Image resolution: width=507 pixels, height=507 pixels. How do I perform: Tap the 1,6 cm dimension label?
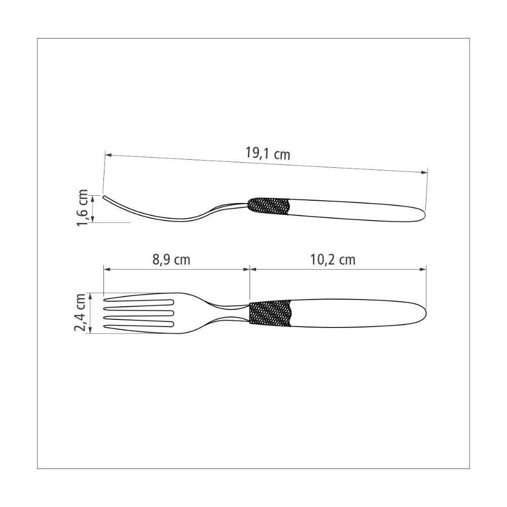(x=83, y=207)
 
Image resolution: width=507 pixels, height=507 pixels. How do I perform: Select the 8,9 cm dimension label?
(x=171, y=260)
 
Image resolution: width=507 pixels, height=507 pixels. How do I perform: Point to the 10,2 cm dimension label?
(x=333, y=260)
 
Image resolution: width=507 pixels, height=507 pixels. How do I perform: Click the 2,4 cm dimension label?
(x=80, y=313)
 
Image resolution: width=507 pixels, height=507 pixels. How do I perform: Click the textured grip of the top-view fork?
(x=270, y=313)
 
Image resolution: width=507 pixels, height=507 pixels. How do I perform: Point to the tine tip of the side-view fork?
(x=104, y=197)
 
